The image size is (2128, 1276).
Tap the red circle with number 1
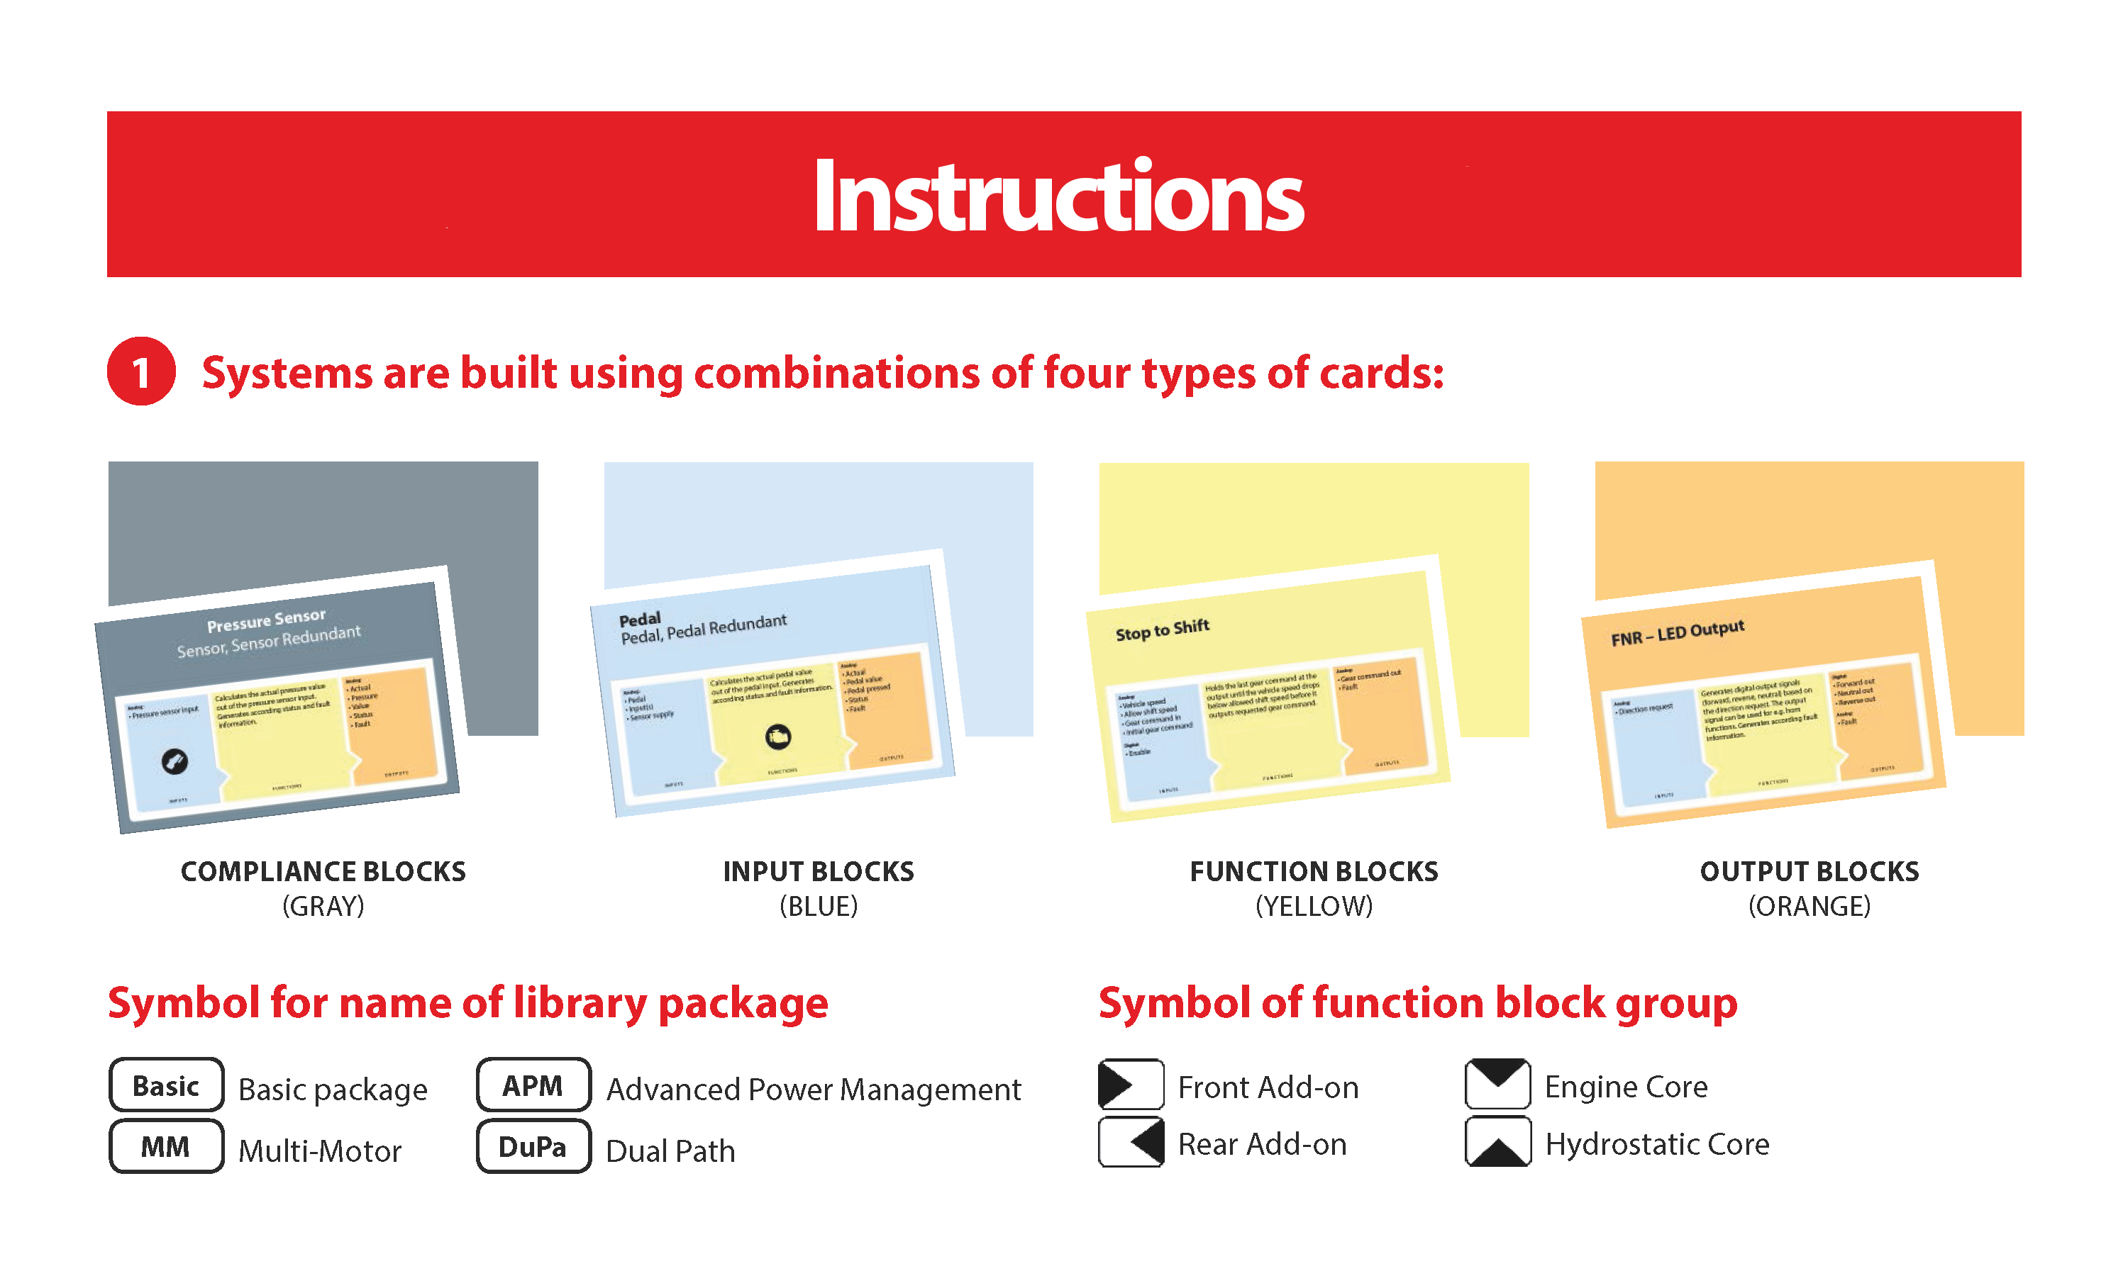(141, 371)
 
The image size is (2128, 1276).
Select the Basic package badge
(166, 1085)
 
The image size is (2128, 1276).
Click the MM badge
(166, 1146)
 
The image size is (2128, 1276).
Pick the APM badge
(533, 1085)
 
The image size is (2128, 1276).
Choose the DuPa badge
(533, 1146)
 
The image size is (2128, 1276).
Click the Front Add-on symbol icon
(1130, 1085)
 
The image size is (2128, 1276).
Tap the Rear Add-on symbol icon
(1130, 1142)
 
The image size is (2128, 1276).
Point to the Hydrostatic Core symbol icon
(1497, 1142)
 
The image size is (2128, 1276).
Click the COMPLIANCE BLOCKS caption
(323, 871)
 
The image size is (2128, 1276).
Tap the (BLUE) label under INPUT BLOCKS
(818, 905)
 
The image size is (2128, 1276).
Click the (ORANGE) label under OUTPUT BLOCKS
(1808, 905)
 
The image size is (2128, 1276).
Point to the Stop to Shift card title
(1161, 629)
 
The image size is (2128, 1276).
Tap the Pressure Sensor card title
(266, 619)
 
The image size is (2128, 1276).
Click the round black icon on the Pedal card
(777, 736)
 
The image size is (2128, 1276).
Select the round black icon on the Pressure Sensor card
(174, 761)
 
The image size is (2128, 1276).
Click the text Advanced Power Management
(813, 1089)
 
